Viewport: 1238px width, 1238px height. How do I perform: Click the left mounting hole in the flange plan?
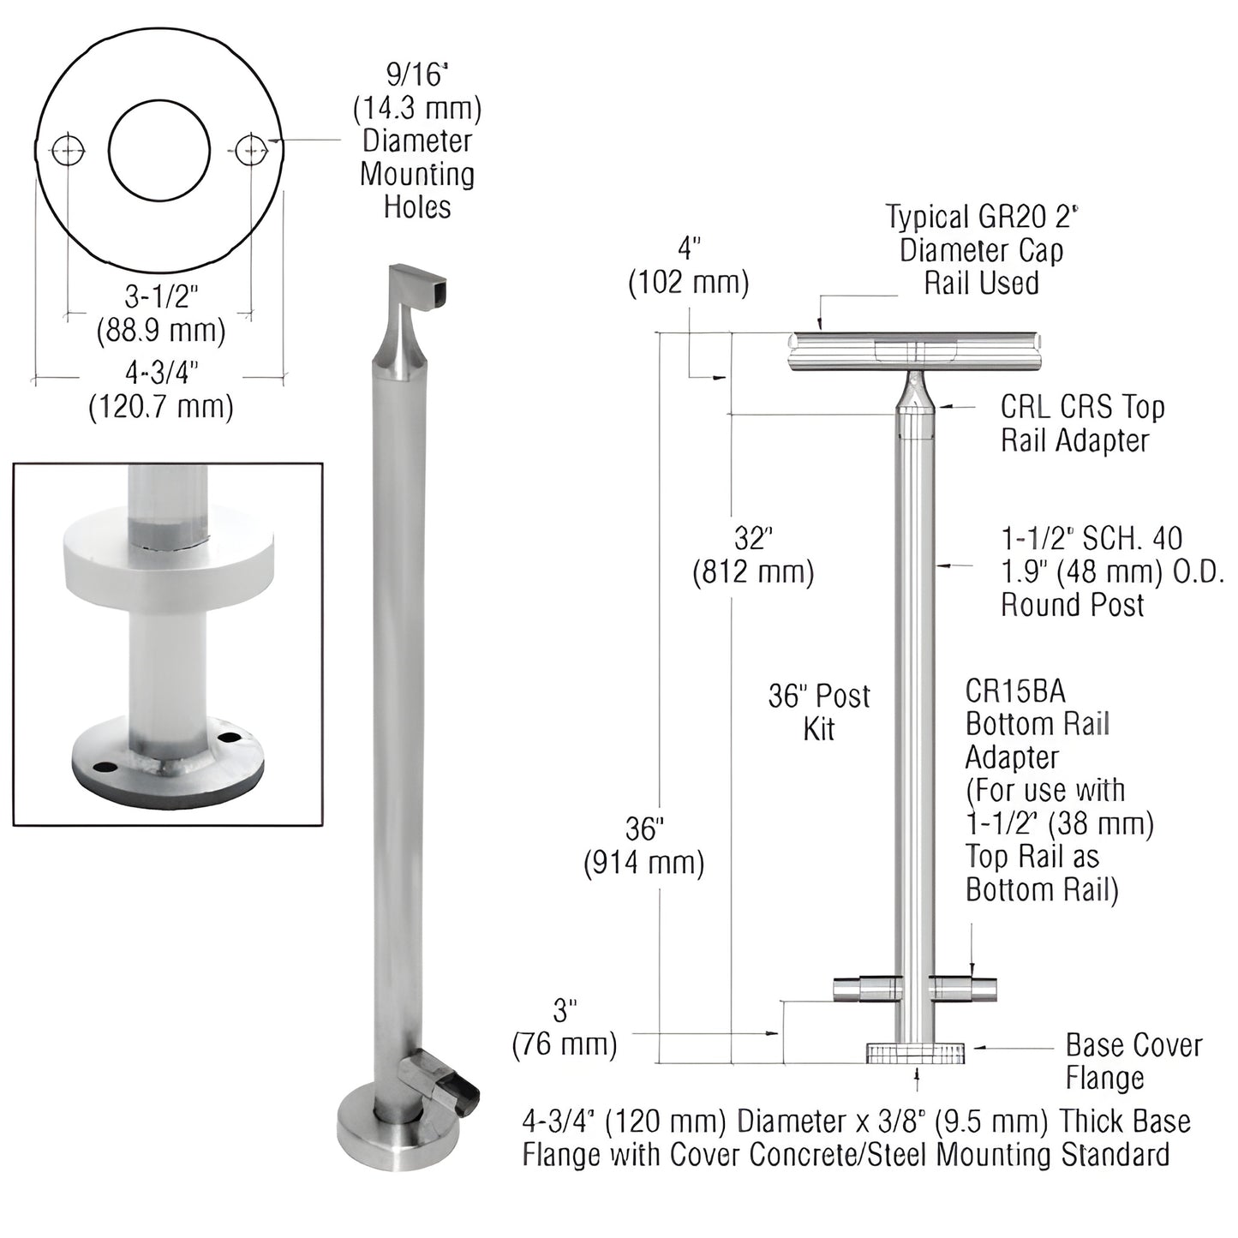(x=69, y=152)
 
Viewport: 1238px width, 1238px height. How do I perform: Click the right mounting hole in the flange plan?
(x=250, y=152)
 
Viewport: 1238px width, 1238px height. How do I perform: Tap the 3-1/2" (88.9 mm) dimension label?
(x=161, y=314)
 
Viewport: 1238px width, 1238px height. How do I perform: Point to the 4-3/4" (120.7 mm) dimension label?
(x=161, y=390)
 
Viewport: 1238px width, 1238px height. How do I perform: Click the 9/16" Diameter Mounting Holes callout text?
(x=417, y=141)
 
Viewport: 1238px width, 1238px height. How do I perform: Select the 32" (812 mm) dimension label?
(x=753, y=555)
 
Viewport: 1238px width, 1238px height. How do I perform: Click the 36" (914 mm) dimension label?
(x=644, y=846)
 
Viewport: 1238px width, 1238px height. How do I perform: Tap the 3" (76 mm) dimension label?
(x=565, y=1028)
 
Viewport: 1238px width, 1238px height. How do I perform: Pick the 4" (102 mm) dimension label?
(x=689, y=266)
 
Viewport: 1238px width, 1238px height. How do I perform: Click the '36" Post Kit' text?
(x=818, y=712)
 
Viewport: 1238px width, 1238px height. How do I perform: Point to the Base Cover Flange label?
(x=1133, y=1061)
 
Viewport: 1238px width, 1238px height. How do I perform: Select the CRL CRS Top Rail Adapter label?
(x=1083, y=424)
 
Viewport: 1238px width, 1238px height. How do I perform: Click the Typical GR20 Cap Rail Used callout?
(x=981, y=250)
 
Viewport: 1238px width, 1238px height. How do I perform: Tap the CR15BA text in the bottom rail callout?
(x=1015, y=691)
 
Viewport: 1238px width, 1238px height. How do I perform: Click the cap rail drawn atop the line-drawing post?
(x=915, y=351)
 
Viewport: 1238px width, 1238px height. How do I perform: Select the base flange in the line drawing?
(x=915, y=1053)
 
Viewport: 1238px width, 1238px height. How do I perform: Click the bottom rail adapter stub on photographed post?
(x=441, y=1086)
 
